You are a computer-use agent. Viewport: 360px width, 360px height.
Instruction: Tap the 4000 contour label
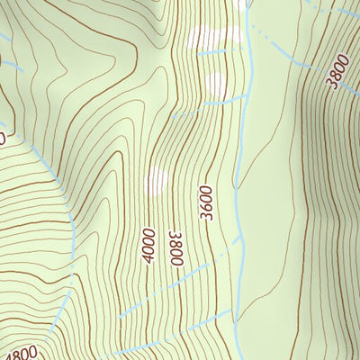coord(148,245)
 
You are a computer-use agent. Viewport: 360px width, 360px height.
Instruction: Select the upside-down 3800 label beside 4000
coord(175,247)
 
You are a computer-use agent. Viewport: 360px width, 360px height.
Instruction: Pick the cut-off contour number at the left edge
coord(3,138)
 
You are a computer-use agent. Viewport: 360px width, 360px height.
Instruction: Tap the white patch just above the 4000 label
coord(157,180)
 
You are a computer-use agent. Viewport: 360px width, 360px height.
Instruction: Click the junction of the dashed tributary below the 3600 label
coord(240,241)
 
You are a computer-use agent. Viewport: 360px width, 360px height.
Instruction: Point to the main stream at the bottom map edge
coord(236,357)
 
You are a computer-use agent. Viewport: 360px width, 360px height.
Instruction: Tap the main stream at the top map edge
coord(248,3)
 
